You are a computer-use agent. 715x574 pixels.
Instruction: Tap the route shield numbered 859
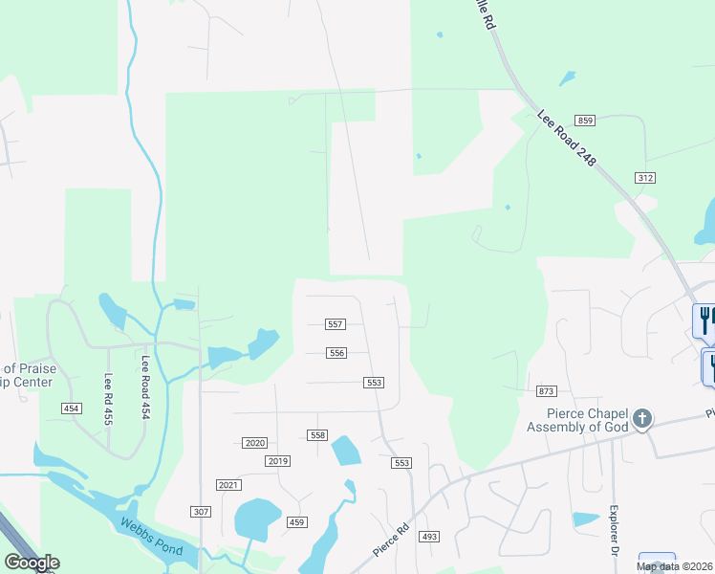(586, 120)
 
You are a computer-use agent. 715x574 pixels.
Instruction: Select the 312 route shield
(644, 178)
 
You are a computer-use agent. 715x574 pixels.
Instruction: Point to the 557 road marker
(335, 325)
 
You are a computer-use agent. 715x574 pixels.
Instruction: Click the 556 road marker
(336, 353)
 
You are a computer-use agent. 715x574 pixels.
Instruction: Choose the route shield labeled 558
(318, 435)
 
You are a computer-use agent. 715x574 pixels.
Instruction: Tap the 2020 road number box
(254, 443)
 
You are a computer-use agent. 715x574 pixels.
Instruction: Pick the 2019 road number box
(277, 461)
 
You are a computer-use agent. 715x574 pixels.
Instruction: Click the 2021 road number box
(228, 485)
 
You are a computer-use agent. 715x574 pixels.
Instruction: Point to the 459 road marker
(296, 521)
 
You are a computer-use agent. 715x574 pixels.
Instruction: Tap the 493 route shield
(429, 537)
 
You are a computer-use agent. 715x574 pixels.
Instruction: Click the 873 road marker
(547, 391)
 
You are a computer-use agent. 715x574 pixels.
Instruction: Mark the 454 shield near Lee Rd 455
(71, 408)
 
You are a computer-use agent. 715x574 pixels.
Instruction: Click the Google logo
(32, 563)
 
